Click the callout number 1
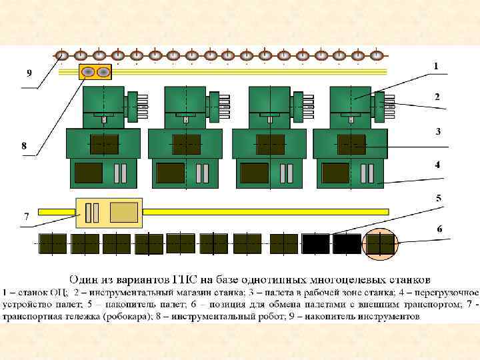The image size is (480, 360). (436, 66)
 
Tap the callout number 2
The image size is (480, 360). (437, 97)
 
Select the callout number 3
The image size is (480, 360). (438, 131)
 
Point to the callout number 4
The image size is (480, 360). (438, 165)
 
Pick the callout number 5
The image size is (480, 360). (439, 198)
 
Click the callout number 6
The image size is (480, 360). (439, 229)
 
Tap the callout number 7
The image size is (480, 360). (27, 217)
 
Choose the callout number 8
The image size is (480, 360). (24, 145)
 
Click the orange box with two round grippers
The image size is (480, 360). (95, 72)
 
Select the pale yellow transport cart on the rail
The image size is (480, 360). (107, 213)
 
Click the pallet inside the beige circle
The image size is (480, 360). (381, 244)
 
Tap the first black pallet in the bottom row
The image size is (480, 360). (316, 244)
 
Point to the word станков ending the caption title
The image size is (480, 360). (405, 279)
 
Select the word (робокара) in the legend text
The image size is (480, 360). (135, 317)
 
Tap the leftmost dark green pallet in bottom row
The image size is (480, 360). (53, 244)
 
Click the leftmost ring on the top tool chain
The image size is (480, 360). (62, 55)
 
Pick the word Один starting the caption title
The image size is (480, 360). (86, 279)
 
